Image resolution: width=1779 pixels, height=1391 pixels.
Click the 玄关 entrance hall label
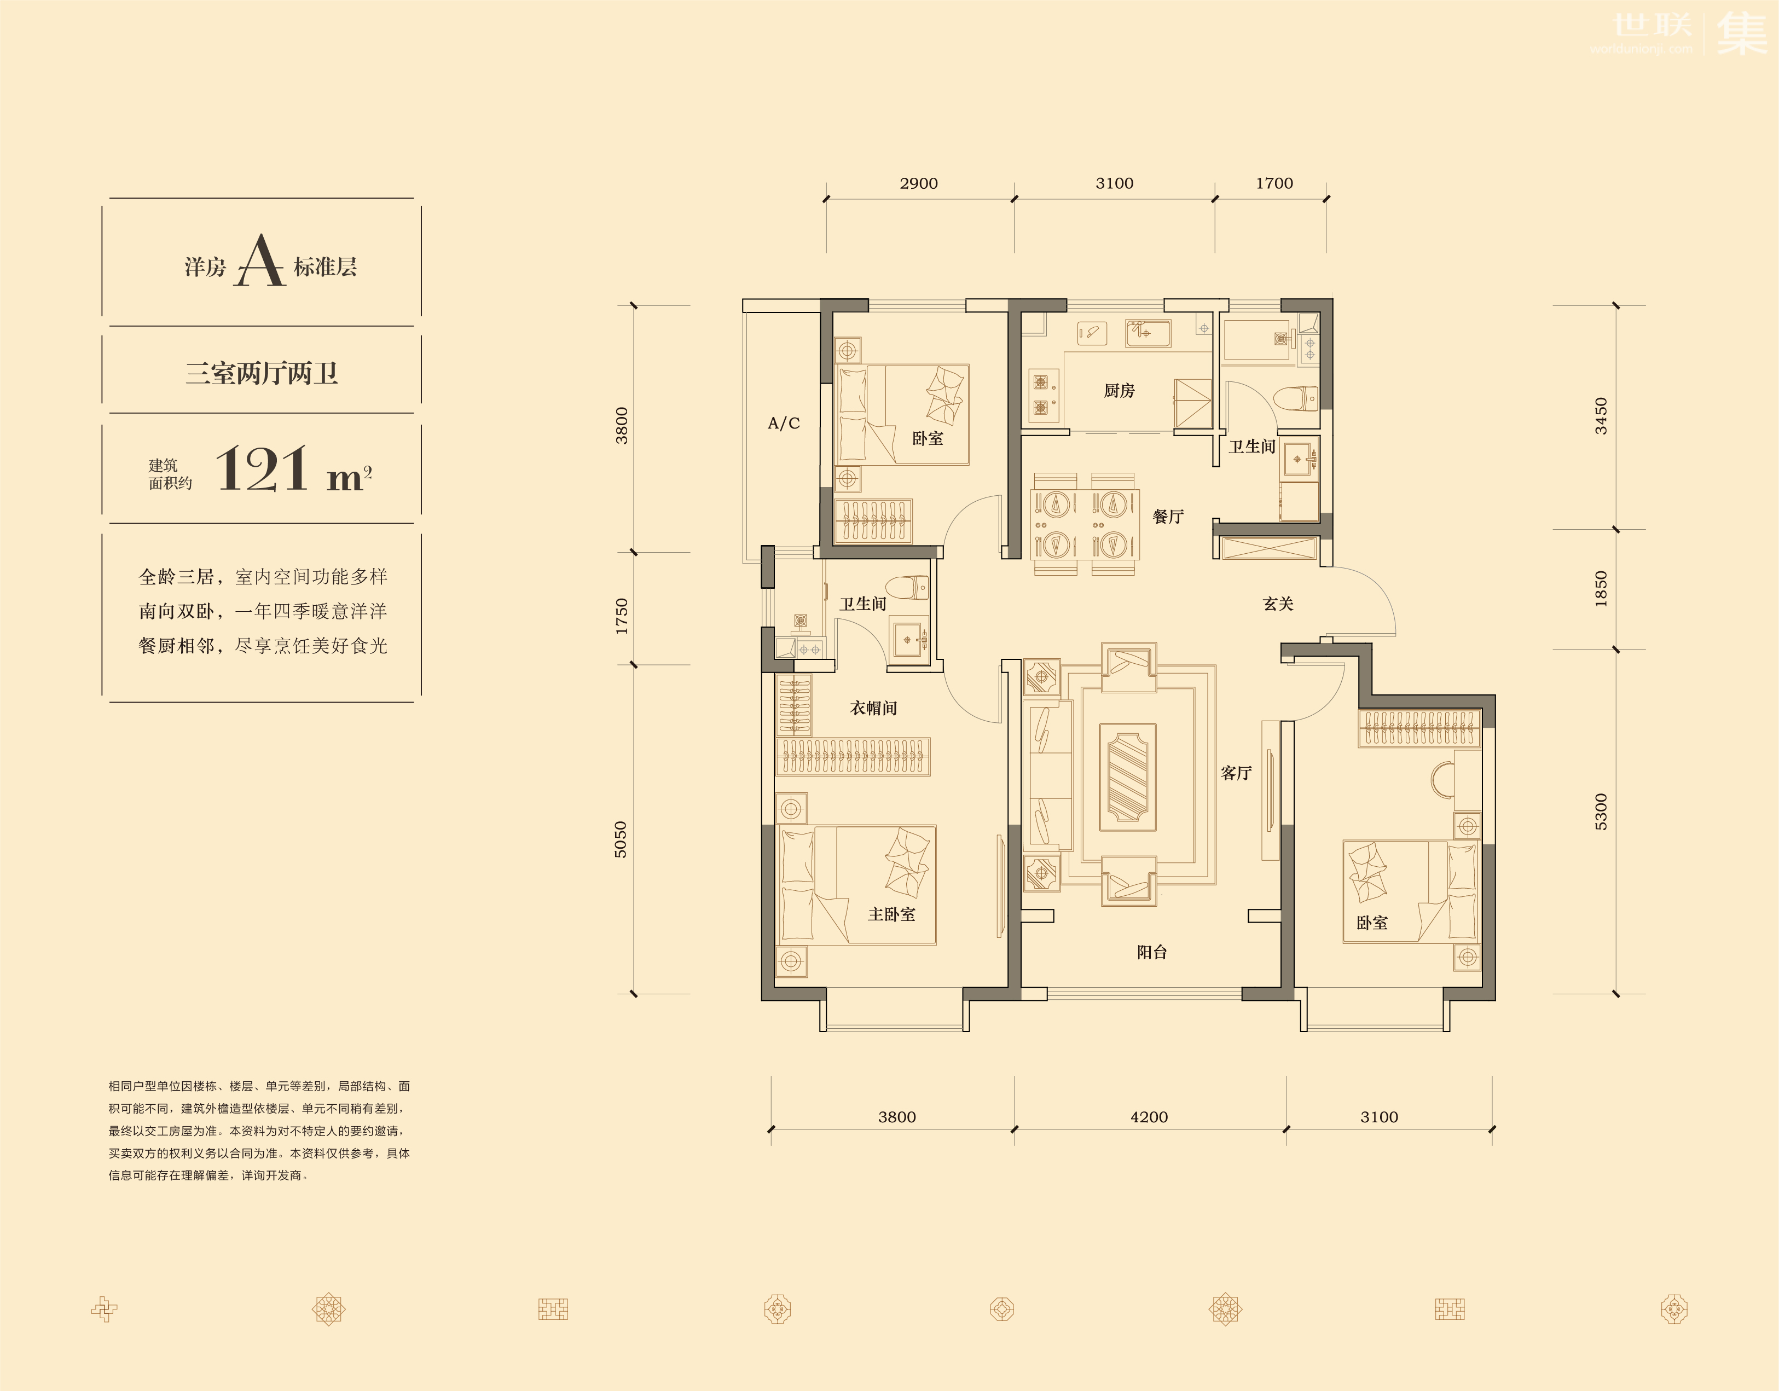click(1278, 604)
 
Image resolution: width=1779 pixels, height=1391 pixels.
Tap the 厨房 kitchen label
click(1119, 391)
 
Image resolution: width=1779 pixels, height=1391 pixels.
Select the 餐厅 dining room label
click(1168, 517)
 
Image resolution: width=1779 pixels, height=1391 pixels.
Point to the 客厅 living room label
click(1236, 773)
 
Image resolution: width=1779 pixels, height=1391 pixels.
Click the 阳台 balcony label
click(1152, 952)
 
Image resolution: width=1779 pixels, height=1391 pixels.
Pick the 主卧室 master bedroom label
click(891, 914)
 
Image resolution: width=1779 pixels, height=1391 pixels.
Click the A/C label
click(784, 422)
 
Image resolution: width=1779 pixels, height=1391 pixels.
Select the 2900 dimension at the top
click(919, 184)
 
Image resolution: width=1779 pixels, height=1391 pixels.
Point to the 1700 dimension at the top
click(1274, 184)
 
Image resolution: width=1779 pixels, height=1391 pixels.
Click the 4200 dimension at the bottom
click(1149, 1117)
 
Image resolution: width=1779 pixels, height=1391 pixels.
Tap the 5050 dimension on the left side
click(621, 839)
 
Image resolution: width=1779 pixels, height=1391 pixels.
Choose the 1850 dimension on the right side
click(1601, 589)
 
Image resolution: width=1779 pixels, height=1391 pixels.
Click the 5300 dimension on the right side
click(1601, 812)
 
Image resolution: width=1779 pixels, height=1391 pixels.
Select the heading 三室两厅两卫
click(262, 373)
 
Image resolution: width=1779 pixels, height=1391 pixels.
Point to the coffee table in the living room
click(1127, 777)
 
